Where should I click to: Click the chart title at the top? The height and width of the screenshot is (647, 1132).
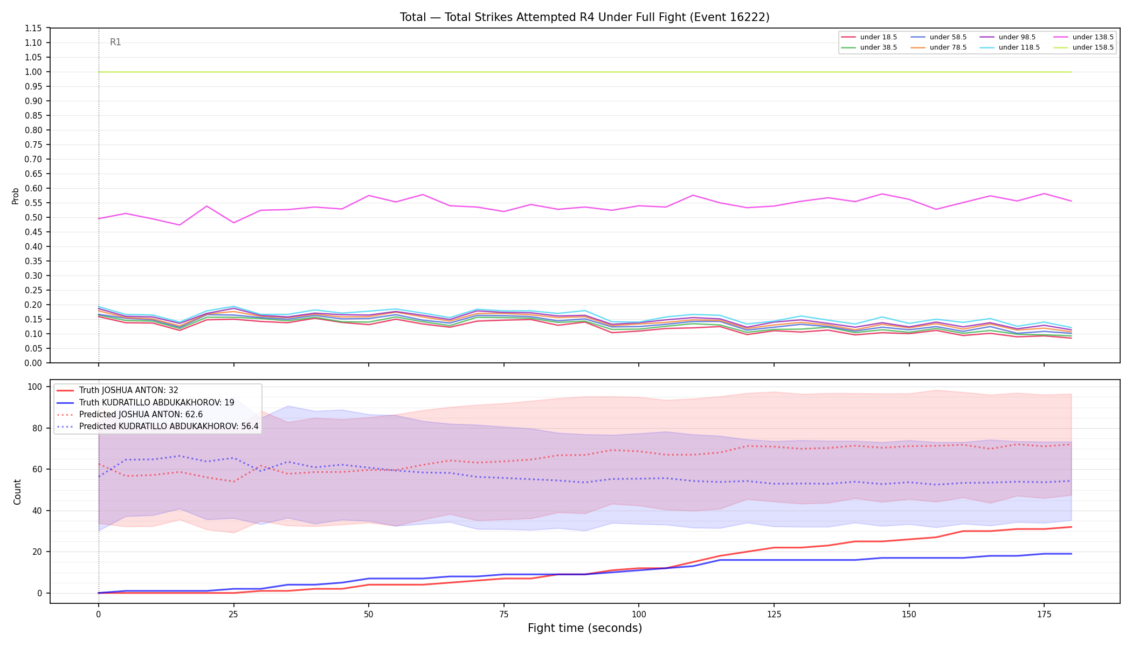coord(584,17)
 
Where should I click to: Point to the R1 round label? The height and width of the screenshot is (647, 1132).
coord(115,42)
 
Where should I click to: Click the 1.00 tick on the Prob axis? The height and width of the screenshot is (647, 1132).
coord(33,72)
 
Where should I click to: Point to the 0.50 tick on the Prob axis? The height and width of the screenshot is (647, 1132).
coord(33,217)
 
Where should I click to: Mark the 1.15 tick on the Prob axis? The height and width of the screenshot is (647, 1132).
coord(33,28)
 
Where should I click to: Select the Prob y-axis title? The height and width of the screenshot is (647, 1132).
coord(15,196)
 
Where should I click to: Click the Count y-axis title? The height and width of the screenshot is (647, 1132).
coord(17,492)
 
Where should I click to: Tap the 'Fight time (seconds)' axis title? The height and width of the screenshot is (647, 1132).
coord(585,628)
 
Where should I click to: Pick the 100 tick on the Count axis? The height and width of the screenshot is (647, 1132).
coord(35,387)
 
